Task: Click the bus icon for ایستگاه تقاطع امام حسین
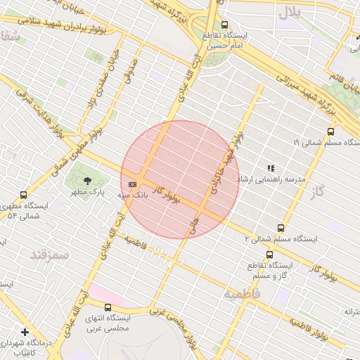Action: (224, 25)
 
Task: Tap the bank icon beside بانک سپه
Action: (133, 184)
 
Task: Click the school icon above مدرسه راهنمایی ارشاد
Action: (271, 168)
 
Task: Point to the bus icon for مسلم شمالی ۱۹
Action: (331, 131)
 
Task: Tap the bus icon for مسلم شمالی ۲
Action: (281, 228)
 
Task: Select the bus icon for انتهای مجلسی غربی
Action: (108, 307)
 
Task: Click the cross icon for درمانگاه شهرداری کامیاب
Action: (25, 332)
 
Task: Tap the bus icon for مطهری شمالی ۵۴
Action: (24, 195)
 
